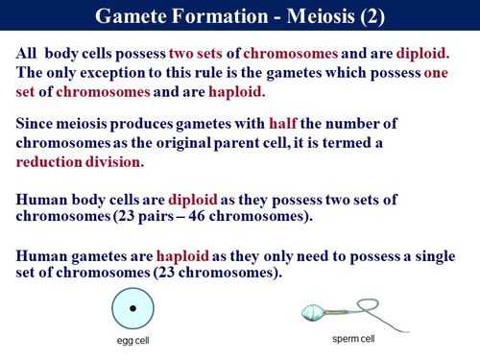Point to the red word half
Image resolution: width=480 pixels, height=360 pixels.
pos(312,124)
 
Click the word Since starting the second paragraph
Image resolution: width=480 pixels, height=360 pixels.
pos(38,124)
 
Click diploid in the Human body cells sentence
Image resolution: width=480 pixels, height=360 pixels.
pos(196,199)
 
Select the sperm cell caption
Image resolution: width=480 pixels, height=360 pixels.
pos(352,339)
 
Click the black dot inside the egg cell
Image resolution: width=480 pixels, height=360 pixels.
pos(132,308)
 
